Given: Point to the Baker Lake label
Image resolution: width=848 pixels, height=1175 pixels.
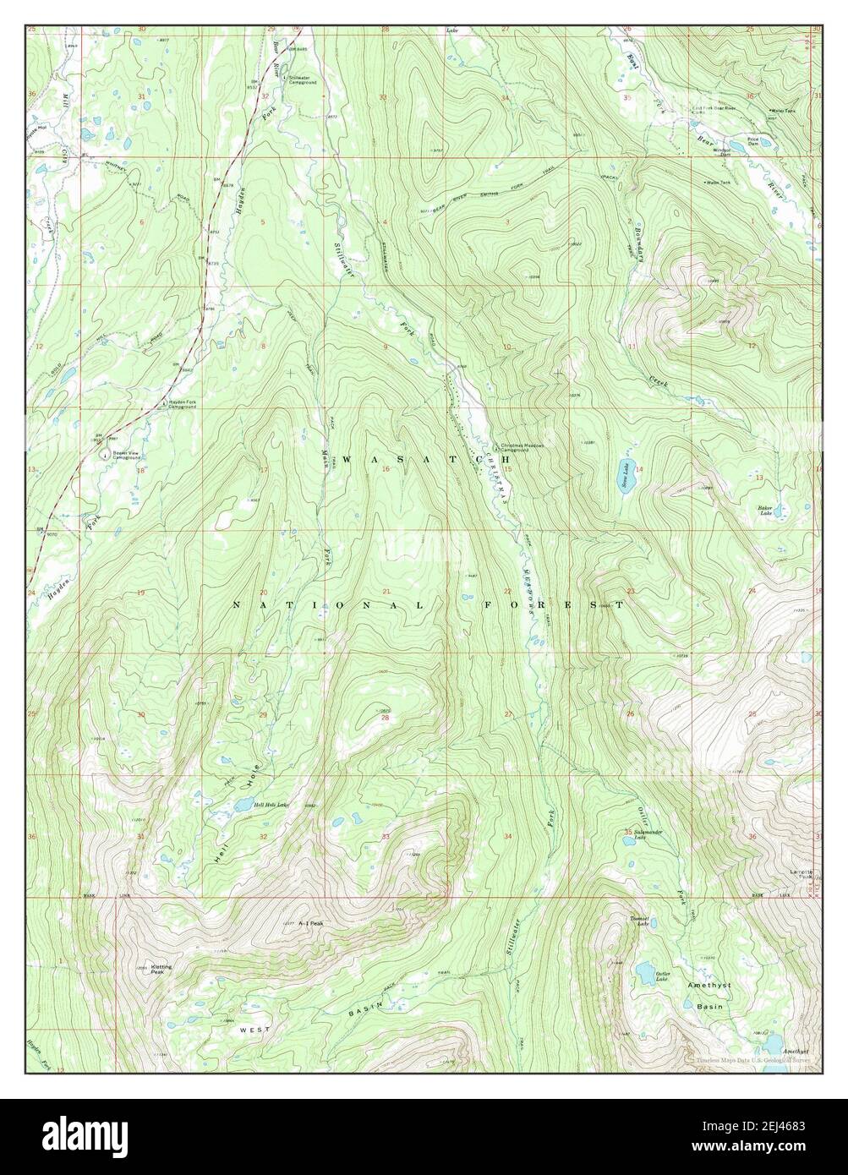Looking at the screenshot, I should [766, 511].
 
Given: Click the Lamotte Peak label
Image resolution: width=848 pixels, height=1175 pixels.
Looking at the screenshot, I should [801, 874].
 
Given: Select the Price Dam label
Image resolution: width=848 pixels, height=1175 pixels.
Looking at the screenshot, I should [752, 140].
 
